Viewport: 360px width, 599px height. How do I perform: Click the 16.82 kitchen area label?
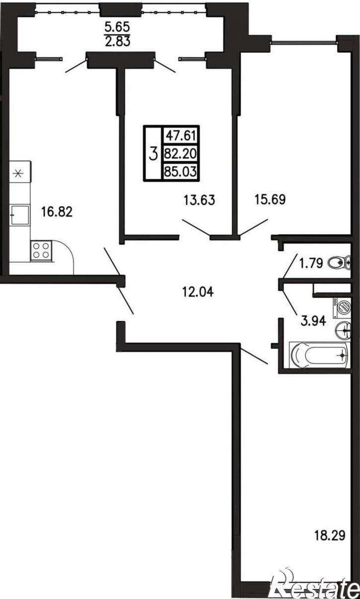(x=57, y=212)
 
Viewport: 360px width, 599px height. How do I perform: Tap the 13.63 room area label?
(x=200, y=200)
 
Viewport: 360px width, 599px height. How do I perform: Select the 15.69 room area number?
(x=270, y=200)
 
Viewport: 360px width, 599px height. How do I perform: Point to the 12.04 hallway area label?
(x=198, y=292)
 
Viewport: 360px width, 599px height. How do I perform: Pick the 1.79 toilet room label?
(x=311, y=263)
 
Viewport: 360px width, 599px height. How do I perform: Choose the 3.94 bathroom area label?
(x=313, y=321)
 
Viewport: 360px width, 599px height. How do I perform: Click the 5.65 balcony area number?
(x=117, y=27)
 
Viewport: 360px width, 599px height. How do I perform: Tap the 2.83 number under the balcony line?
(x=117, y=41)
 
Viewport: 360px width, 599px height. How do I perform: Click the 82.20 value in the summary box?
(x=181, y=154)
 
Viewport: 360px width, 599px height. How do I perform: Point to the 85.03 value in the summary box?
(x=181, y=171)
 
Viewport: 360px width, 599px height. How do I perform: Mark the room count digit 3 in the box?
(x=153, y=154)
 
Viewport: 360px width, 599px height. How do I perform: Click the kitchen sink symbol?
(x=19, y=215)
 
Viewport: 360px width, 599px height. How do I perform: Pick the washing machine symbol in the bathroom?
(x=342, y=308)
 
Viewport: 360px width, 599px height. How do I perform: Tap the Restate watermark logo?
(x=315, y=587)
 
